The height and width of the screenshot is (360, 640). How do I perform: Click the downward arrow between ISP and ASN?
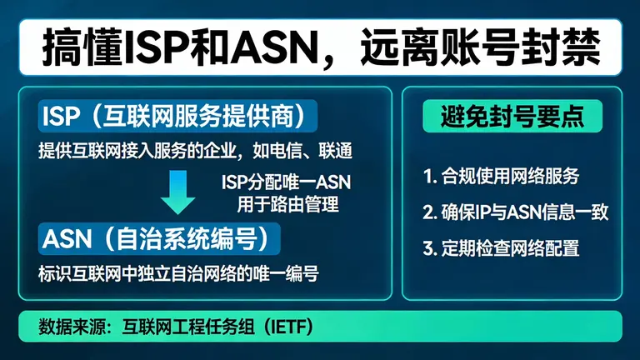click(x=178, y=190)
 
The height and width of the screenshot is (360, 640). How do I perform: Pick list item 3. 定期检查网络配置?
click(x=501, y=247)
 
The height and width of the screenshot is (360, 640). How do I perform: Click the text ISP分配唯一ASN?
click(x=282, y=181)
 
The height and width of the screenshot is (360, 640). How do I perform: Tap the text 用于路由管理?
click(x=287, y=202)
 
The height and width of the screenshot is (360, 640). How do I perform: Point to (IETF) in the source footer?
click(x=288, y=324)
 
